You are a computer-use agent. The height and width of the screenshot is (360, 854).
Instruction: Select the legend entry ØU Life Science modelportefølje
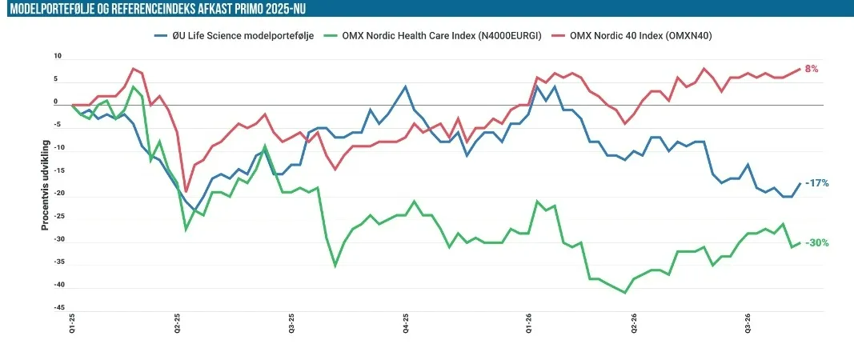pyautogui.click(x=235, y=37)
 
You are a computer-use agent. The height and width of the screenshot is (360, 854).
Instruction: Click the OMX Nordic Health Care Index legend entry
pyautogui.click(x=434, y=37)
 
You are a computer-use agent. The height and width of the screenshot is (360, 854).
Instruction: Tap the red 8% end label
pyautogui.click(x=812, y=69)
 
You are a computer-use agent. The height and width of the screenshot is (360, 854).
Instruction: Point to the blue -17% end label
pyautogui.click(x=817, y=183)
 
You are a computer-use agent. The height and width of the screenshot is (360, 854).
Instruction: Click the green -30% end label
pyautogui.click(x=817, y=243)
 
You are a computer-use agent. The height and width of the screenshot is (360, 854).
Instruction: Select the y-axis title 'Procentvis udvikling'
pyautogui.click(x=46, y=185)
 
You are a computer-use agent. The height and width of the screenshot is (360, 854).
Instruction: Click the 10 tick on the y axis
pyautogui.click(x=58, y=56)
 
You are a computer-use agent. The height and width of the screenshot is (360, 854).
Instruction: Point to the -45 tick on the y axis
pyautogui.click(x=57, y=308)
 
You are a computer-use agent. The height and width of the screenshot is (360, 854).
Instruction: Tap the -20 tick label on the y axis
pyautogui.click(x=57, y=194)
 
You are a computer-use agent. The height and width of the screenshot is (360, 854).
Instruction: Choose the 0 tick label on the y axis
pyautogui.click(x=55, y=102)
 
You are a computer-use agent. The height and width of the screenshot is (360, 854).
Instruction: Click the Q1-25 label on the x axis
pyautogui.click(x=72, y=323)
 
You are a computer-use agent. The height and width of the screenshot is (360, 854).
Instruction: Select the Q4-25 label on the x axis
pyautogui.click(x=405, y=323)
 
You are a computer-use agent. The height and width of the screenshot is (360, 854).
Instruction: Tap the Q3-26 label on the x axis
pyautogui.click(x=748, y=323)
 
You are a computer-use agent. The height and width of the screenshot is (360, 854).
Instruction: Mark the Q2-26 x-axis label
pyautogui.click(x=634, y=323)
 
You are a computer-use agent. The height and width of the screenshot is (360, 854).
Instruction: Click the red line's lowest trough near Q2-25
pyautogui.click(x=186, y=192)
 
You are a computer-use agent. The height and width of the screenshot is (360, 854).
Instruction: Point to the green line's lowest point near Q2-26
pyautogui.click(x=625, y=293)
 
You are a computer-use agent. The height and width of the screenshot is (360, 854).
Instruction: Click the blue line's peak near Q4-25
pyautogui.click(x=405, y=86)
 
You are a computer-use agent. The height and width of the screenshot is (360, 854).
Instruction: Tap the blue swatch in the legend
pyautogui.click(x=160, y=37)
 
